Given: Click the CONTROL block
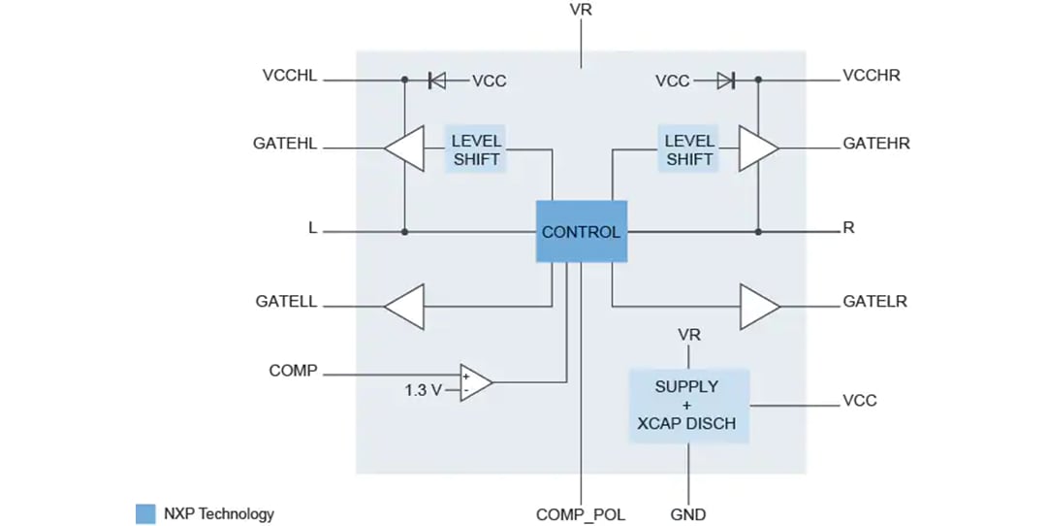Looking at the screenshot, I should click(581, 232).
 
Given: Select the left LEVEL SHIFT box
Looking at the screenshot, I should click(476, 149).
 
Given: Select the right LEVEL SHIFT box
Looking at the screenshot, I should click(688, 149).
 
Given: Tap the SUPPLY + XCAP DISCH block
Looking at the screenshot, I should click(688, 405).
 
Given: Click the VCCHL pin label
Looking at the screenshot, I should click(290, 76).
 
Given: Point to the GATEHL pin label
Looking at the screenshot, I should click(285, 144).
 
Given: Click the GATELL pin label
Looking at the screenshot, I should click(286, 302).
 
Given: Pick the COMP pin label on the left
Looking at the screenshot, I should click(293, 371).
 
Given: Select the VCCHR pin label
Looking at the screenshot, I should click(872, 76).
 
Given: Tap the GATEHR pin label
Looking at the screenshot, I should click(876, 144).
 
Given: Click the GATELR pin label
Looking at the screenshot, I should click(875, 302).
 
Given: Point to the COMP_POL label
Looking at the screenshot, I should click(581, 514).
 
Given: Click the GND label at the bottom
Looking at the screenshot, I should click(688, 514).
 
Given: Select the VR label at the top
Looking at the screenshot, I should click(581, 10).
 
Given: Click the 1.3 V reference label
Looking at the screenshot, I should click(424, 390).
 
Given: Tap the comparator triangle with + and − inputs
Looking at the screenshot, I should click(475, 381).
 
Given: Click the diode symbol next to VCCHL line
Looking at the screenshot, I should click(437, 81).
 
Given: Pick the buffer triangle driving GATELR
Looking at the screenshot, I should click(759, 307).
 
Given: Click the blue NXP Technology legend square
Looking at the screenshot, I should click(145, 514).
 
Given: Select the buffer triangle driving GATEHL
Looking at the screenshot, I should click(404, 149).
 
